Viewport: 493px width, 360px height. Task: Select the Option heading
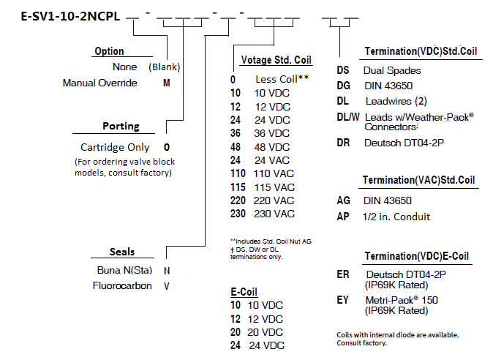coord(109,51)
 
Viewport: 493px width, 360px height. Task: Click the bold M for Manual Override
coord(166,83)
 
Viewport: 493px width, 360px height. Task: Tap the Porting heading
coord(121,126)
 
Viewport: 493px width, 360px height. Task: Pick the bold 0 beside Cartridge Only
coord(167,147)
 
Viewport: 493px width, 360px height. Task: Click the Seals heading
coord(122,252)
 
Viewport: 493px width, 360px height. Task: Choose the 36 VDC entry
coord(274,133)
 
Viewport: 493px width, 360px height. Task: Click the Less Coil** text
coord(280,78)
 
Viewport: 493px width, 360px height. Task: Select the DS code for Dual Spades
coord(343,71)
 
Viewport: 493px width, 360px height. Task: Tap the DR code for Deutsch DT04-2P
coord(344,143)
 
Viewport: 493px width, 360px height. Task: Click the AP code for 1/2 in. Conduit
coord(343,217)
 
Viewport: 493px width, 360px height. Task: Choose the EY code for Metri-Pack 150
coord(343,299)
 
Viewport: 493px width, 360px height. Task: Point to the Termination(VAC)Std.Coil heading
coord(419,181)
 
